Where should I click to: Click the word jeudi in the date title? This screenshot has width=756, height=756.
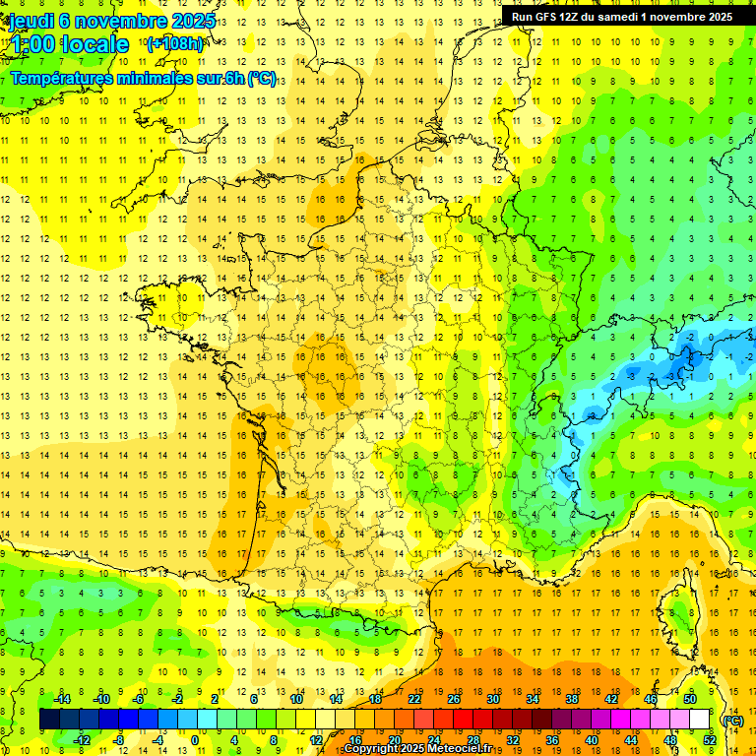pyautogui.click(x=32, y=21)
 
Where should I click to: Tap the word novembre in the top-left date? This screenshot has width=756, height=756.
pyautogui.click(x=121, y=21)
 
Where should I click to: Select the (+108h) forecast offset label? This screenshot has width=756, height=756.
pyautogui.click(x=175, y=44)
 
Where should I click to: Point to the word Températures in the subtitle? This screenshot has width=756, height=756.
pyautogui.click(x=73, y=78)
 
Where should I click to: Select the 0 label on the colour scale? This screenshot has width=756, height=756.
pyautogui.click(x=194, y=739)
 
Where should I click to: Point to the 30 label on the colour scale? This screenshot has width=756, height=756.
pyautogui.click(x=492, y=699)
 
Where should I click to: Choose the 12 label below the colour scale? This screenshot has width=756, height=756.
pyautogui.click(x=316, y=739)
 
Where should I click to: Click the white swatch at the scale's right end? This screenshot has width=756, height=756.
pyautogui.click(x=699, y=720)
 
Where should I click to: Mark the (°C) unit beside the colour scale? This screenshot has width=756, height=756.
pyautogui.click(x=732, y=721)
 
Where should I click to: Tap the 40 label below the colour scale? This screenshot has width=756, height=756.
pyautogui.click(x=591, y=739)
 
